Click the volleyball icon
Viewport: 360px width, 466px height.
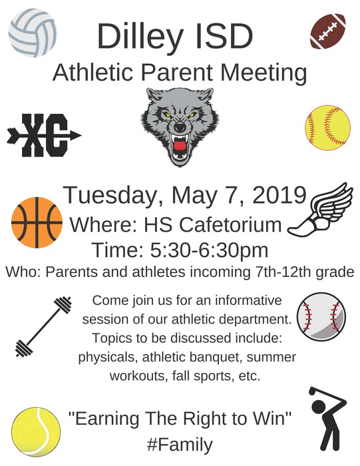tap(33, 33)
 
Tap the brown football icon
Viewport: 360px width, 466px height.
tap(327, 31)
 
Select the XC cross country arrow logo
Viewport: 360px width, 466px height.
tap(44, 135)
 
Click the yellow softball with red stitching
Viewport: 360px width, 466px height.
tap(328, 128)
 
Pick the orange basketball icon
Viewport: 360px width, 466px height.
tap(37, 222)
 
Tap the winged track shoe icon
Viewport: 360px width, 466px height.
tap(321, 210)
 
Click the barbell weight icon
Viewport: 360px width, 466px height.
tap(43, 326)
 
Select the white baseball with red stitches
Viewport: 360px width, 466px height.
tap(321, 316)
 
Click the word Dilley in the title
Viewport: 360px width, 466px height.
tap(139, 37)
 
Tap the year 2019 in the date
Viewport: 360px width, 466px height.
tap(279, 195)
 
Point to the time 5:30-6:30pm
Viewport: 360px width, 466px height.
tap(209, 250)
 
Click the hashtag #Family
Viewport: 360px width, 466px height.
tap(180, 445)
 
